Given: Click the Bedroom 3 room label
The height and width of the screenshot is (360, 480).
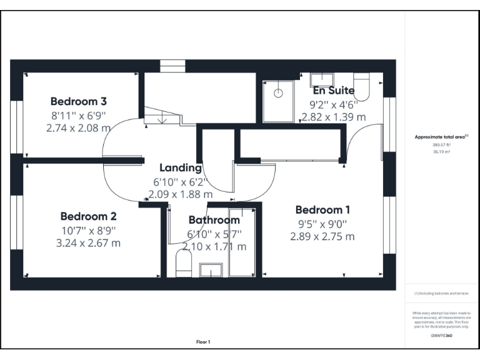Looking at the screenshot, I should (x=78, y=101).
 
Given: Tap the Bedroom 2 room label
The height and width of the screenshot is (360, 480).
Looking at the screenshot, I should (x=88, y=216).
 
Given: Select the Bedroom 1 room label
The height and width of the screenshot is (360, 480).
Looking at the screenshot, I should (x=322, y=210).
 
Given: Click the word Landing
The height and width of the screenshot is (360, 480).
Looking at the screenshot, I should (x=181, y=167).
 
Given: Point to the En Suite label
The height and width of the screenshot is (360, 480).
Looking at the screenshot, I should (x=333, y=91).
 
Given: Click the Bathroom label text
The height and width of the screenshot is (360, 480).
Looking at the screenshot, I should (x=214, y=220).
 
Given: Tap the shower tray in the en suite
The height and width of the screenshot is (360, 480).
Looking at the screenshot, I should (x=278, y=100).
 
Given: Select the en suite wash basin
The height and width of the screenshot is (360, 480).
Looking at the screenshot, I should (x=322, y=80).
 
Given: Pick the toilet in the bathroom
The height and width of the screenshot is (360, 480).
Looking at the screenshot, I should (x=184, y=264).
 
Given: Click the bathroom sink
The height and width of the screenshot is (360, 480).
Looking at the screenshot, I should (x=211, y=270).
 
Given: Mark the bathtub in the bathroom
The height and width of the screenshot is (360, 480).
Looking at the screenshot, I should (x=241, y=242).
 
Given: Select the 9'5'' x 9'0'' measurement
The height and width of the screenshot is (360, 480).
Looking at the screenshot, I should (x=322, y=224).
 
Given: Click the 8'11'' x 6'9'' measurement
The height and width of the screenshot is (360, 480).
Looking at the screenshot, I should (x=78, y=115).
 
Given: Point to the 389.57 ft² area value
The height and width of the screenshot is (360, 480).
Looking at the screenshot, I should (x=441, y=144).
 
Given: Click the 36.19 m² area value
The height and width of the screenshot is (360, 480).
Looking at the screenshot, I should (x=441, y=151).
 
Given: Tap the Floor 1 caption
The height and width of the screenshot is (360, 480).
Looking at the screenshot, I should (x=203, y=342).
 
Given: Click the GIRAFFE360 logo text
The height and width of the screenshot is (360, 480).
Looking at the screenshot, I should (x=441, y=336).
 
